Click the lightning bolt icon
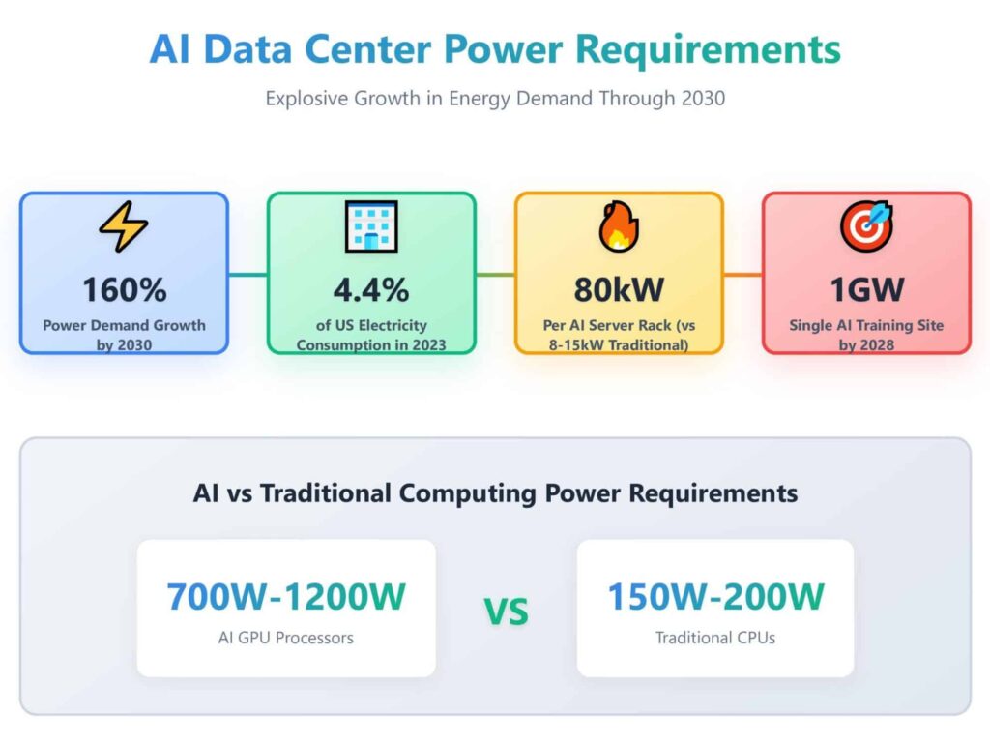(124, 228)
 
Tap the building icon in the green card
(371, 227)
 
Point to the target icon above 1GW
(866, 228)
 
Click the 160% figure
(124, 289)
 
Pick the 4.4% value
(371, 289)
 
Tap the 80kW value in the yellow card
(619, 289)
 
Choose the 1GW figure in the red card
(866, 289)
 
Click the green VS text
(506, 612)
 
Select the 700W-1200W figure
(286, 597)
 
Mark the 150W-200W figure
(715, 597)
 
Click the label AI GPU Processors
(286, 638)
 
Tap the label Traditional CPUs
(715, 638)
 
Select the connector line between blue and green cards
(247, 274)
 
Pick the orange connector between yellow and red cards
(742, 274)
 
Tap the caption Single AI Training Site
(866, 325)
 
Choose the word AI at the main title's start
(171, 49)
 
